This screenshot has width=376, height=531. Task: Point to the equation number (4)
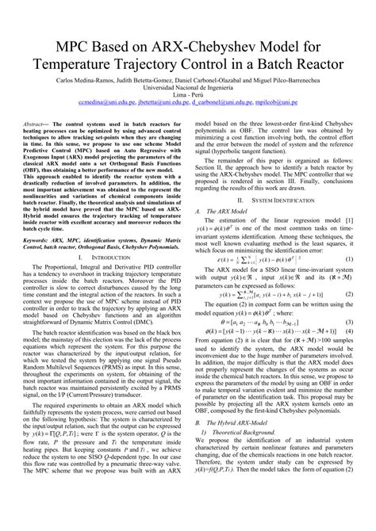(x=349, y=333)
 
